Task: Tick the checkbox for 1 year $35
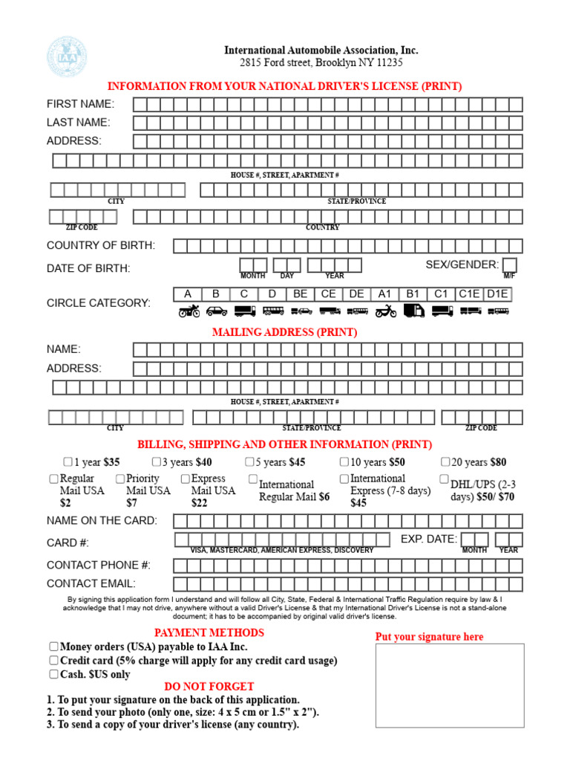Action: [x=68, y=462]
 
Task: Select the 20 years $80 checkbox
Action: [x=445, y=462]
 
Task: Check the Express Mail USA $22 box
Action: [x=186, y=479]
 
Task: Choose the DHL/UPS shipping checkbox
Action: [x=445, y=479]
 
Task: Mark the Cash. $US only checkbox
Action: [x=53, y=674]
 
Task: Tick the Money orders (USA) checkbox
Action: [x=53, y=647]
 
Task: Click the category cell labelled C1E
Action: [x=469, y=294]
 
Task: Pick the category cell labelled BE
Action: [x=301, y=294]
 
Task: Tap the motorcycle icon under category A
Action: [x=189, y=311]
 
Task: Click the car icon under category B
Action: [x=217, y=311]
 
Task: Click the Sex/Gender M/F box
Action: [x=510, y=265]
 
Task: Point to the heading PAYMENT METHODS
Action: [x=209, y=632]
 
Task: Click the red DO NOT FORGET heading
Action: [x=209, y=687]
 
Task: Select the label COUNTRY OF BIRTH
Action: [x=101, y=245]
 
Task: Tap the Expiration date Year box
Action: [x=509, y=540]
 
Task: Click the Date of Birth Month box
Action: [x=253, y=265]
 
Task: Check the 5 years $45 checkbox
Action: [x=250, y=462]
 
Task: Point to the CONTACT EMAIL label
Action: [x=91, y=584]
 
